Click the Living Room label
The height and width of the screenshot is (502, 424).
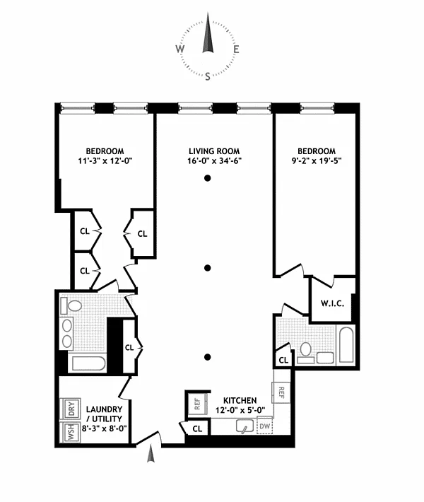(x=214, y=151)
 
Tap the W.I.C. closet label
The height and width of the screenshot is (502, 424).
(x=332, y=303)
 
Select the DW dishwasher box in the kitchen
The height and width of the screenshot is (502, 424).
(x=264, y=426)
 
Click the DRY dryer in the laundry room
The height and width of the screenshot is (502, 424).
(x=71, y=409)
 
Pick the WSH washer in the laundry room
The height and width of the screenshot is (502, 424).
(x=71, y=432)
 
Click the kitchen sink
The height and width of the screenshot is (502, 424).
(x=245, y=426)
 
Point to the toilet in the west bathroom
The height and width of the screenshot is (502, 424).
(x=71, y=305)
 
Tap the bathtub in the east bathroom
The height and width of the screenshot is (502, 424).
(x=346, y=344)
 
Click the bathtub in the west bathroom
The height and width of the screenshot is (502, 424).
(x=88, y=363)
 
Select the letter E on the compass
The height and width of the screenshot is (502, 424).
(x=236, y=49)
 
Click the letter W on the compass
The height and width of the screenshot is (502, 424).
(x=179, y=49)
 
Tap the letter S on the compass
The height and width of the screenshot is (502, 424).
(x=208, y=76)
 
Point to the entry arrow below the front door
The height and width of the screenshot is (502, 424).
(x=151, y=455)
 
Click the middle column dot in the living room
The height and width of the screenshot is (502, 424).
(x=208, y=268)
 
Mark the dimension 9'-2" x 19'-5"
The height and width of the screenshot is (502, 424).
(x=317, y=160)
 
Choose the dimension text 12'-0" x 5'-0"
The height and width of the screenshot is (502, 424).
(x=240, y=410)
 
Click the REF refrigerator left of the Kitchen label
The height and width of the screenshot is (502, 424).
(x=197, y=404)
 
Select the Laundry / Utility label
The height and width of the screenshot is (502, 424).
(x=105, y=414)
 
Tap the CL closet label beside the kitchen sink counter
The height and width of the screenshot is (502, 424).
(x=197, y=428)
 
